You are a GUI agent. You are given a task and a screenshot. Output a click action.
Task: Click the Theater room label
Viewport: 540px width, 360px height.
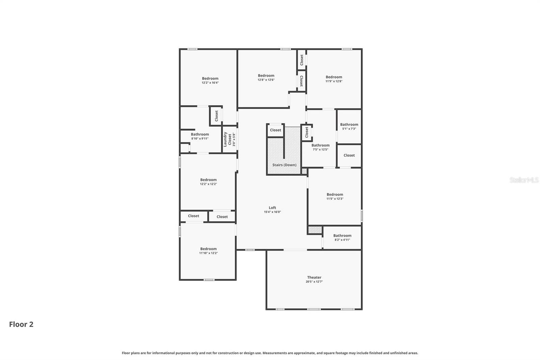(314, 277)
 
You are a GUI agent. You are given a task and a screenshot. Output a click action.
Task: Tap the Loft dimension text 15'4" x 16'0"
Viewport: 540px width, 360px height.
(272, 212)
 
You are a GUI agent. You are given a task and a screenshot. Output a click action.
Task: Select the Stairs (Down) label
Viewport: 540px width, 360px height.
(284, 165)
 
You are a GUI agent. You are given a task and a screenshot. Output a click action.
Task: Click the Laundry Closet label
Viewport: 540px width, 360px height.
(227, 139)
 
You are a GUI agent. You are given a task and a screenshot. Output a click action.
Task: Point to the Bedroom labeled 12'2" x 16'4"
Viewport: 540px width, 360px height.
(210, 78)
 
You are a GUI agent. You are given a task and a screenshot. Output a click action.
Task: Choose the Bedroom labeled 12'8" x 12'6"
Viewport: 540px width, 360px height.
(266, 76)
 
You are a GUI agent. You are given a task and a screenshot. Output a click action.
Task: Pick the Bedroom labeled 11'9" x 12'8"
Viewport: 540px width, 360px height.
(333, 77)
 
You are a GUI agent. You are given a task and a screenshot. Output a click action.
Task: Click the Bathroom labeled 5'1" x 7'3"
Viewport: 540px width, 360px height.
(349, 125)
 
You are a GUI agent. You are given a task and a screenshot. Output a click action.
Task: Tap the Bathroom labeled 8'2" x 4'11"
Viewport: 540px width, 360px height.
(342, 236)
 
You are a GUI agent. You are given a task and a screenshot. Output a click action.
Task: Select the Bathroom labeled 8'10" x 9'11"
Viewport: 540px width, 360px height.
(200, 134)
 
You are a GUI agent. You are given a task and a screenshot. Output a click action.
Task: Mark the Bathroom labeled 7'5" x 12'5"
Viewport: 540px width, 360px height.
(320, 146)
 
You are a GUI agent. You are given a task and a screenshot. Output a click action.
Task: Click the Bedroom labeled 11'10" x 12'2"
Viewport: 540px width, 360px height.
(208, 249)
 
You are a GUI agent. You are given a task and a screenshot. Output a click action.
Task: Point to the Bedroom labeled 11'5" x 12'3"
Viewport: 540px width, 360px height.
(334, 195)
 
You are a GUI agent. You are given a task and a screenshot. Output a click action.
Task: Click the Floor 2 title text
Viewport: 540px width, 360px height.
(21, 324)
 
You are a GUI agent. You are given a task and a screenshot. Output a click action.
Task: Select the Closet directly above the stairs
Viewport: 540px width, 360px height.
(275, 130)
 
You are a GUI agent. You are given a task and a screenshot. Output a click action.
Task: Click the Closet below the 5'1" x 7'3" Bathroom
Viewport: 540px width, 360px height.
(349, 155)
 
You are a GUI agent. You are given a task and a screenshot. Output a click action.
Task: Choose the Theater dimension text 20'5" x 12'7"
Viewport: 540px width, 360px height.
(314, 282)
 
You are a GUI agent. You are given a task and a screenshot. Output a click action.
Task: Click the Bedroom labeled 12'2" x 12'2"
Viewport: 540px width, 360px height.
(208, 180)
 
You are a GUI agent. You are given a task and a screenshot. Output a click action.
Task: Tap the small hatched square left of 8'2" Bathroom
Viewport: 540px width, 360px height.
(315, 230)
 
